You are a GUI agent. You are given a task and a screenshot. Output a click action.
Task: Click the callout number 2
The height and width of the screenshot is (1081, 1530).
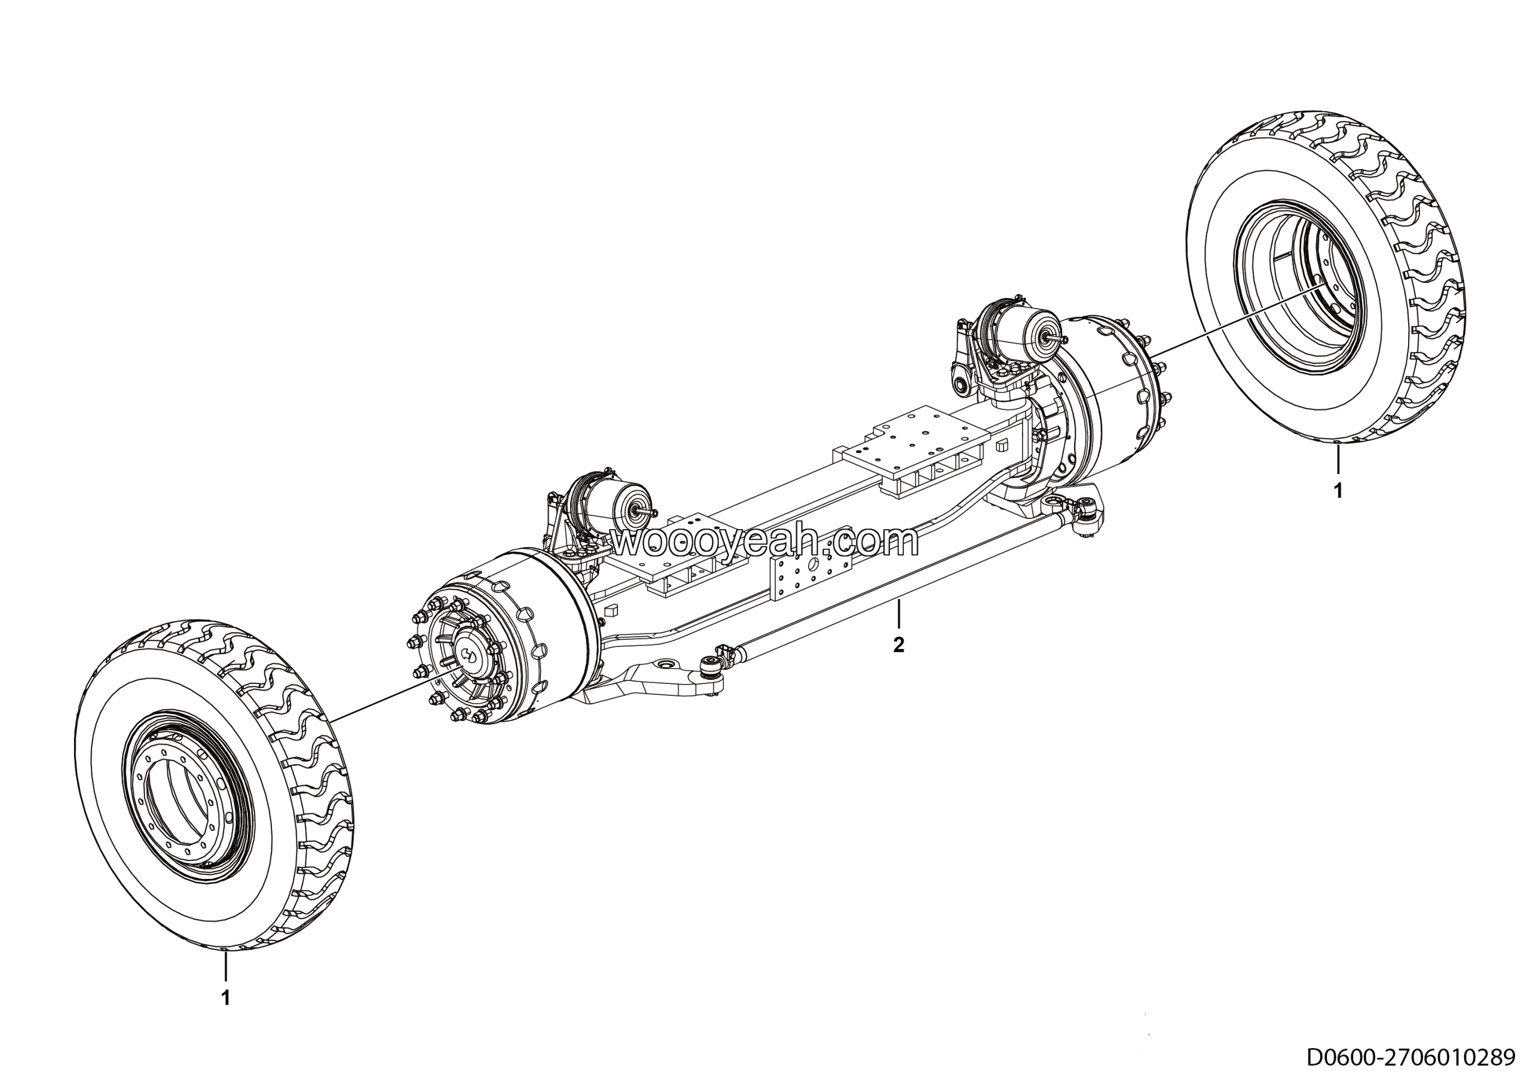[x=899, y=645]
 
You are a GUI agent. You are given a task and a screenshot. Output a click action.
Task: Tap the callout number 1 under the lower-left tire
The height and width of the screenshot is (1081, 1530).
[x=226, y=998]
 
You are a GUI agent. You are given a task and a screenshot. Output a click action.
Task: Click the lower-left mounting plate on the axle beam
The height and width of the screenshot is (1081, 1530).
[x=677, y=558]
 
